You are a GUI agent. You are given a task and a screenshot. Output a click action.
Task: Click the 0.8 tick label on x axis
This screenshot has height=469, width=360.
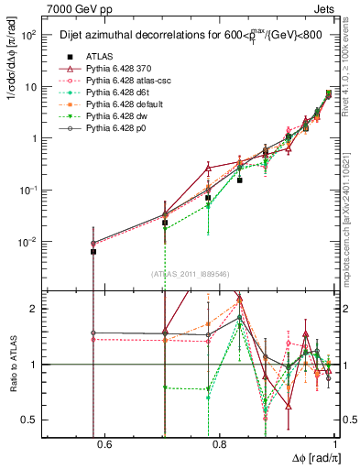[x=220, y=444]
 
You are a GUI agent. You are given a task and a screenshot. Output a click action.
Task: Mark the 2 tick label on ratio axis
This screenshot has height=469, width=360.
[x=37, y=309]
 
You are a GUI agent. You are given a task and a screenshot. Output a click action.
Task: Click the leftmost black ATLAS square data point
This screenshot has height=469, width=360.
[x=93, y=251]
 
